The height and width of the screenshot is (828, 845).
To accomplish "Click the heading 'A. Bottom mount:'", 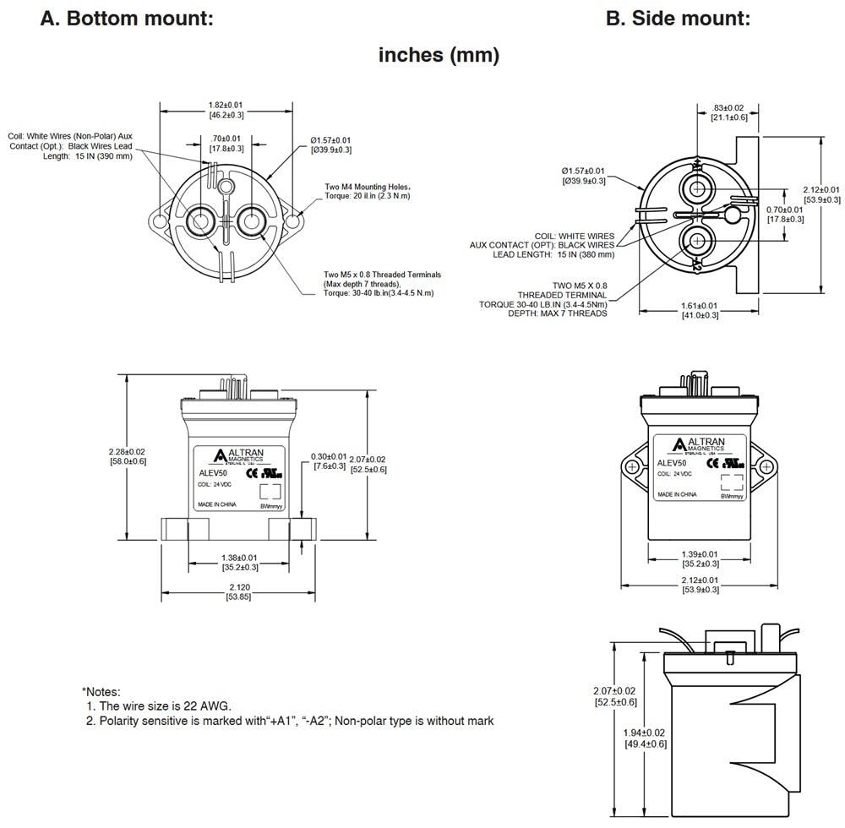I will [x=127, y=18].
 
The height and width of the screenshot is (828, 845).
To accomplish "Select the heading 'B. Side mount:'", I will [x=678, y=18].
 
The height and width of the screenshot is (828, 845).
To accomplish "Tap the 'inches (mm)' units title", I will [x=439, y=56].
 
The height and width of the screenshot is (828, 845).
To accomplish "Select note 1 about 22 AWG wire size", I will [x=159, y=705].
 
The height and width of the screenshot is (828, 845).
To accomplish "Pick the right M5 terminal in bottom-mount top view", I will [x=251, y=221].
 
